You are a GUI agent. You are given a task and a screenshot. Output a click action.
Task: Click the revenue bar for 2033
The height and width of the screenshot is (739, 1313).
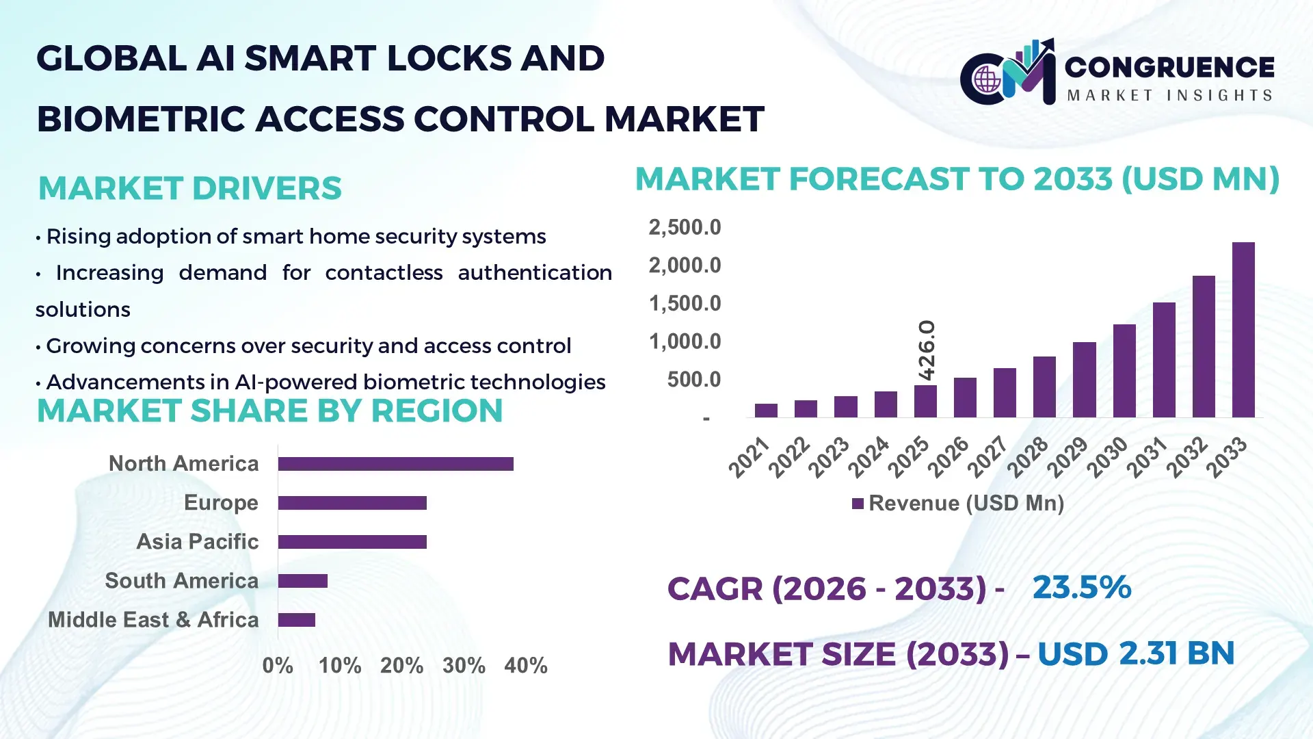click(x=1243, y=330)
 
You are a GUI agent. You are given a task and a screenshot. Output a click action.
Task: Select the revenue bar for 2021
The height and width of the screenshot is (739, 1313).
click(x=766, y=411)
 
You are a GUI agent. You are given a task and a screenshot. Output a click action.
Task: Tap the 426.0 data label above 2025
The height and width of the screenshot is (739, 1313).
click(x=927, y=350)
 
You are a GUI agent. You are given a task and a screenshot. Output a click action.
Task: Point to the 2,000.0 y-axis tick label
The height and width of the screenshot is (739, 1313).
click(x=685, y=265)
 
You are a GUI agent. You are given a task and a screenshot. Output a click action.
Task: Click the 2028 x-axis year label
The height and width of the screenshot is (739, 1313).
click(x=1028, y=456)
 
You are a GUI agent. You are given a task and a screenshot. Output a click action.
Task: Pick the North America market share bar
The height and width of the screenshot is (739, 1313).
click(x=395, y=464)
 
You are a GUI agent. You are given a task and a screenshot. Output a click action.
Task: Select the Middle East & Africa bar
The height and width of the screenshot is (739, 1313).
click(x=296, y=620)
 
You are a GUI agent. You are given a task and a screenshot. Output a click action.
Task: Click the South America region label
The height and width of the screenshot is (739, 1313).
click(x=182, y=581)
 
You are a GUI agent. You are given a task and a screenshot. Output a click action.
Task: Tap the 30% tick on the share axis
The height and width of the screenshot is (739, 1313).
click(x=464, y=666)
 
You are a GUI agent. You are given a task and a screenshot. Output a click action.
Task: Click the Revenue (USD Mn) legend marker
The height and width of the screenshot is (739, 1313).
click(x=858, y=504)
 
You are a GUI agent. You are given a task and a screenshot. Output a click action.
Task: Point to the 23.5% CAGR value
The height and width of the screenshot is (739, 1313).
click(x=1081, y=588)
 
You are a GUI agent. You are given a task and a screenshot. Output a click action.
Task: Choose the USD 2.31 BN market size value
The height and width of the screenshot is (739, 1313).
click(x=1135, y=653)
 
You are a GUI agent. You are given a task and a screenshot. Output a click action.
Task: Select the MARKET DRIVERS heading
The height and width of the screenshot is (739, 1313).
click(x=189, y=189)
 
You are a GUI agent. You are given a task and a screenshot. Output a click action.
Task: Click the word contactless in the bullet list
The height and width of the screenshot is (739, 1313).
click(x=384, y=273)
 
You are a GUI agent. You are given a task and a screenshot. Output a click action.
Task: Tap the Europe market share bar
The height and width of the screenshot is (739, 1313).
click(x=352, y=503)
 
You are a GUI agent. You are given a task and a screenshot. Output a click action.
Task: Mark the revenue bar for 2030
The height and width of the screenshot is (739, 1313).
click(x=1124, y=371)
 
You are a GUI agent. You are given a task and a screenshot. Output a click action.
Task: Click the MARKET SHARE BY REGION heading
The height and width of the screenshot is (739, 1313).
click(x=269, y=411)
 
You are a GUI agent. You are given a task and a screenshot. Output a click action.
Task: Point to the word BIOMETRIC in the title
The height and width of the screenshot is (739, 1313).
click(x=140, y=120)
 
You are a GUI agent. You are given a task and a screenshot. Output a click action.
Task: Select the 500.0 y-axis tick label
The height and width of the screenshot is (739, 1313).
click(x=693, y=380)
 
